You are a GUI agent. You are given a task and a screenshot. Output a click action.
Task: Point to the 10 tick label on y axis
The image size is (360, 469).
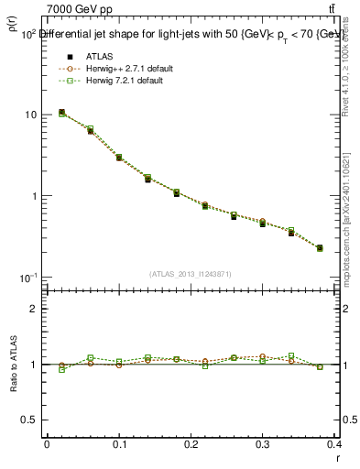31,115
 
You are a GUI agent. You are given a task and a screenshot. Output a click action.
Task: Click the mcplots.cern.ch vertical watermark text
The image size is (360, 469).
352,229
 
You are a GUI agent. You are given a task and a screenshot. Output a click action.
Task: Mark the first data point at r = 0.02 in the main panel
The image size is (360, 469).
61,113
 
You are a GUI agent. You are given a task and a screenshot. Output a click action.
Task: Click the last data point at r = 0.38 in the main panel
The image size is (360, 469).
320,247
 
